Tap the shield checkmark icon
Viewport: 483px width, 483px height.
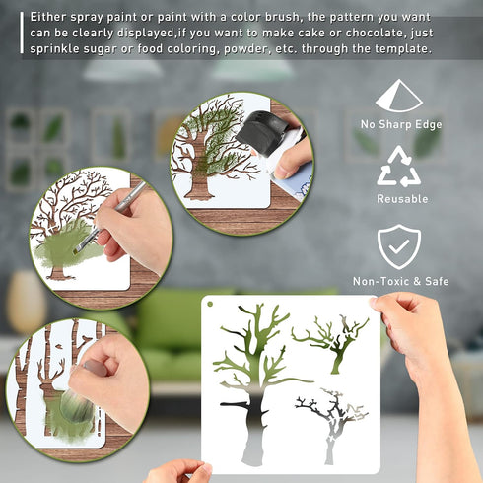tap(399, 246)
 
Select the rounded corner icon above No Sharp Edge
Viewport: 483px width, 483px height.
tap(398, 96)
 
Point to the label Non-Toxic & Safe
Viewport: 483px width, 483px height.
tap(401, 282)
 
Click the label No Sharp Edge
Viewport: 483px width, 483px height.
tap(401, 124)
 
